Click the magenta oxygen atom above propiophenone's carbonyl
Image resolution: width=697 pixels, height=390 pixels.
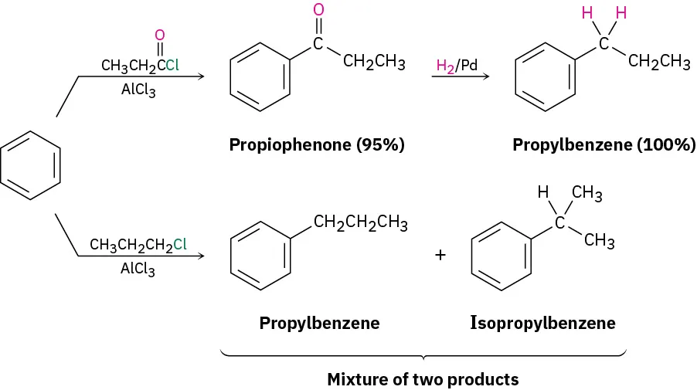(x=318, y=10)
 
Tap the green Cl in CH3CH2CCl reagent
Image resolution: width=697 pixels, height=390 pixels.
(x=172, y=66)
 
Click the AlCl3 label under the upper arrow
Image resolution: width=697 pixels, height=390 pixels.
(x=138, y=90)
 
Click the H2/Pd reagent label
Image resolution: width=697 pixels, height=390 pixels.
(x=457, y=66)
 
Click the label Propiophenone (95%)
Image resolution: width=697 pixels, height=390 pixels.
(x=317, y=144)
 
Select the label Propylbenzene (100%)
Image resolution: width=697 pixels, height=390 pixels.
(x=603, y=144)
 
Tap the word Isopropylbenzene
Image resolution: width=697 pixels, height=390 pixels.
(x=542, y=323)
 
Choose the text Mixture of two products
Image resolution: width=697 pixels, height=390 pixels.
(x=423, y=379)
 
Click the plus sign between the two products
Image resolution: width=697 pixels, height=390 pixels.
(x=440, y=254)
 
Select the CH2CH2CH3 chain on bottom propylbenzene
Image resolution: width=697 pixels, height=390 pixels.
(x=361, y=225)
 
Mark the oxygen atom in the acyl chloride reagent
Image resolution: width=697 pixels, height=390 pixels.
(x=160, y=35)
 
